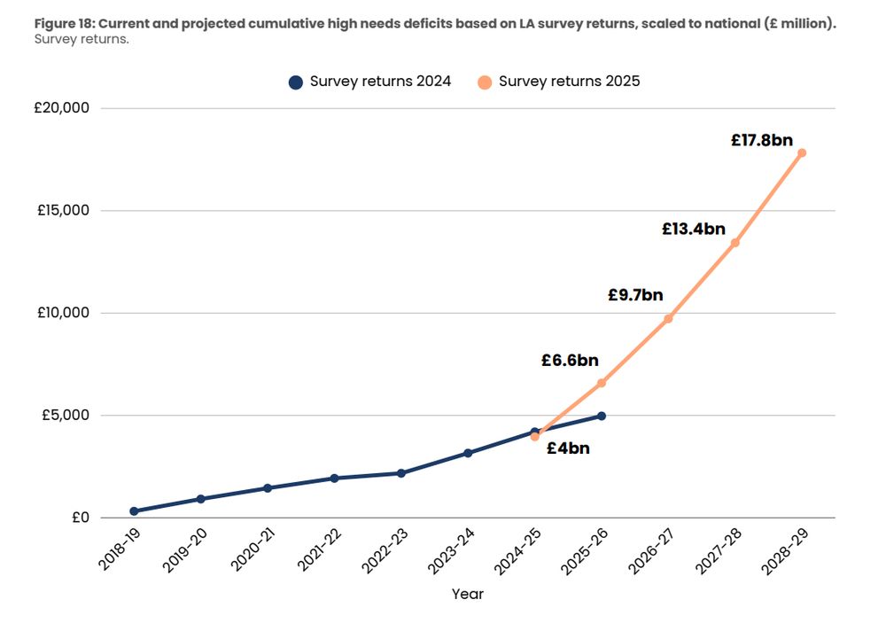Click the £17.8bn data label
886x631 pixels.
[x=761, y=139]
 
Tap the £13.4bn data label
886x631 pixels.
[x=693, y=229]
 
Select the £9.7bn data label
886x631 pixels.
[x=635, y=295]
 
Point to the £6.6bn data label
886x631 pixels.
[x=570, y=361]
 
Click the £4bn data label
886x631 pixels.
[x=568, y=448]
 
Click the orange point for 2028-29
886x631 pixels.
[x=802, y=152]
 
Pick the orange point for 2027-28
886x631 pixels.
[x=734, y=243]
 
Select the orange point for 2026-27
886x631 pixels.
[x=668, y=319]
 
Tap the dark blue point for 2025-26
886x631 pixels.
[x=602, y=416]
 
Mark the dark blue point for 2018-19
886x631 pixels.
[x=134, y=511]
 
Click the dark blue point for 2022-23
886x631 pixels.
[x=401, y=473]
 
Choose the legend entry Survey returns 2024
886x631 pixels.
[x=370, y=82]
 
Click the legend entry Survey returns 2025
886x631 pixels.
[x=559, y=82]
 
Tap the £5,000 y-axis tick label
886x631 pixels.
[x=64, y=416]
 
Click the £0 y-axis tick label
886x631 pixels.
[x=79, y=518]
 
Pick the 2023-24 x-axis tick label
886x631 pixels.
[x=451, y=550]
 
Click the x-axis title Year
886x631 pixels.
[x=468, y=594]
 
